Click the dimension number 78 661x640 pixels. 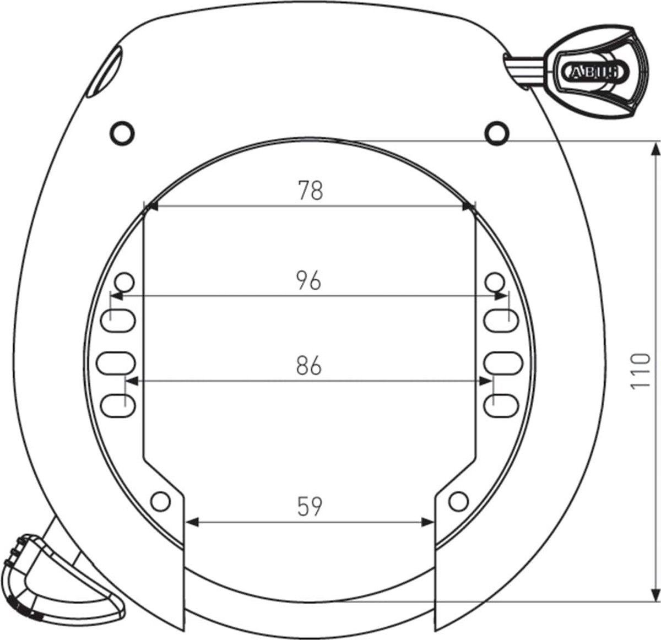(x=310, y=191)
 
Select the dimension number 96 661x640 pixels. (x=308, y=281)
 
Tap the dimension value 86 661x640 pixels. (x=308, y=366)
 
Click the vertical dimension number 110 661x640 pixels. (x=640, y=371)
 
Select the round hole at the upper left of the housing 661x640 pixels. (x=121, y=132)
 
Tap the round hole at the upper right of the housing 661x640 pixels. (x=496, y=133)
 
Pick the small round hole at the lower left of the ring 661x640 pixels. (x=160, y=501)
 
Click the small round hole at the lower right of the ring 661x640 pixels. (x=458, y=501)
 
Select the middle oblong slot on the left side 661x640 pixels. (x=116, y=362)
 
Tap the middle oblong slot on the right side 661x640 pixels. (x=502, y=362)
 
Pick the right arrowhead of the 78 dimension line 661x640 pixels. (x=469, y=207)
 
